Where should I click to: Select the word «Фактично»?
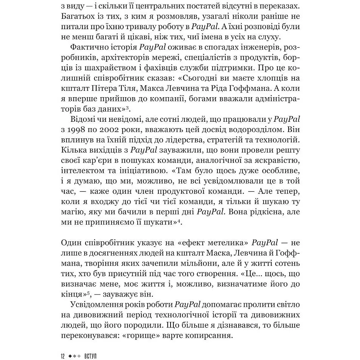point(89,47)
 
